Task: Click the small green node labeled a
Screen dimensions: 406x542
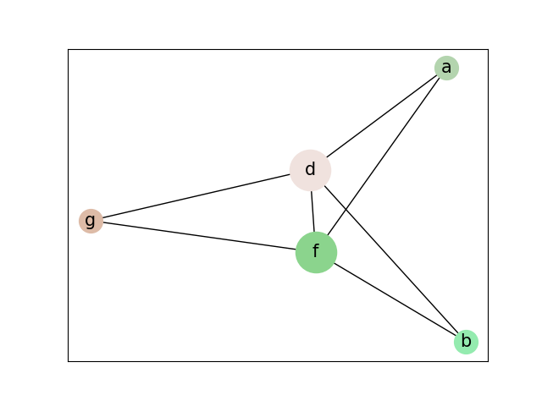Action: (446, 68)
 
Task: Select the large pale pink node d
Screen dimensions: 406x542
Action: (310, 170)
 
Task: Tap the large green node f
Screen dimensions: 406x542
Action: (316, 252)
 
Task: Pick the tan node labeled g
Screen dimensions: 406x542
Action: (91, 221)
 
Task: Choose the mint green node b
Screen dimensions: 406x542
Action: (466, 342)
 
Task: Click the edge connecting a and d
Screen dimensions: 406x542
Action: (381, 117)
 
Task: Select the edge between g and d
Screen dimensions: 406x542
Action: (195, 197)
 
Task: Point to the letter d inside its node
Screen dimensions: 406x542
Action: (310, 170)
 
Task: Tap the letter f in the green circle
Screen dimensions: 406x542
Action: (316, 252)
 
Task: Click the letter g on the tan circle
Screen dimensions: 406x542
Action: (91, 221)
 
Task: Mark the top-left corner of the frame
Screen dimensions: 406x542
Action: (68, 49)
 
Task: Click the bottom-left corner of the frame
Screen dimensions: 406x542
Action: (68, 361)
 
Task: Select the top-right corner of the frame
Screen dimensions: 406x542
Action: (488, 49)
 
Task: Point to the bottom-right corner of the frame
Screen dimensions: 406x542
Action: (488, 361)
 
